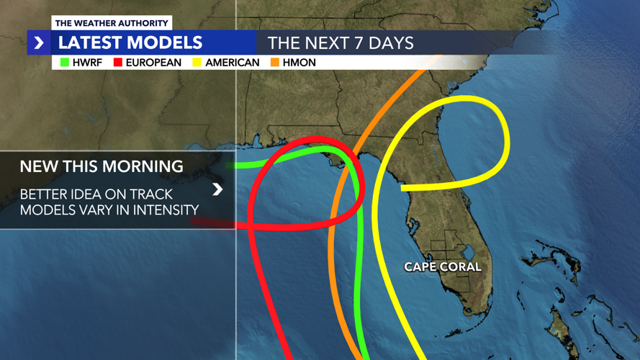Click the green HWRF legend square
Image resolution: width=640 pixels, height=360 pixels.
65,63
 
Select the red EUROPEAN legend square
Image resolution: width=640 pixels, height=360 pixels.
118,63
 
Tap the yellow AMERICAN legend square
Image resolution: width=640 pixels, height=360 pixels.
197,63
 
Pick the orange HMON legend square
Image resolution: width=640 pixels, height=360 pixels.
275,63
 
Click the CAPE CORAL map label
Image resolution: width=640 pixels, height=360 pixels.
442,267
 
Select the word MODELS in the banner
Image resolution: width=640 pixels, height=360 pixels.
167,43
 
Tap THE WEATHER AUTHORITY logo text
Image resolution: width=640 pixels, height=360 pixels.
112,23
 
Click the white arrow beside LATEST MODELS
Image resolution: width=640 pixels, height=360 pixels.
39,43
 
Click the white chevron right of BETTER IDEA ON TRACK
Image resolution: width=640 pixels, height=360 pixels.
217,189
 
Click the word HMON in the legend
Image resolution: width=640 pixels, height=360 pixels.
299,63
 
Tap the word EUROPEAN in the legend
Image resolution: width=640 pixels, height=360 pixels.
153,63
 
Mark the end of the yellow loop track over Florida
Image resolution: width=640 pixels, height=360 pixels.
402,188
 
